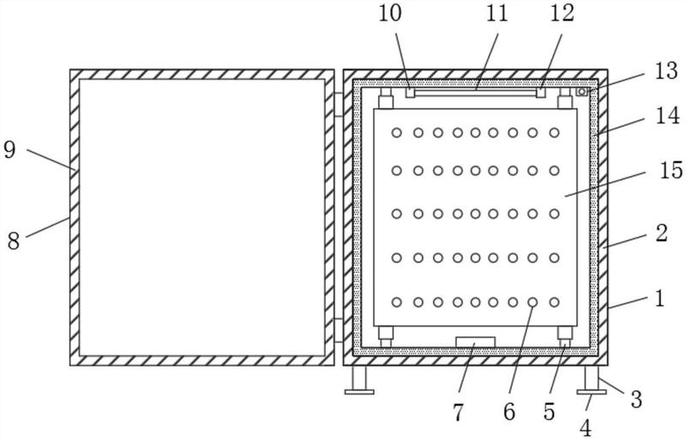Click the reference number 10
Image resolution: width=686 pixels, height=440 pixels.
389,13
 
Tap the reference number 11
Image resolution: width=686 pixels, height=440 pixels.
496,13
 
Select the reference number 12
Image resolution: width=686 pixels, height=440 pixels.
562,13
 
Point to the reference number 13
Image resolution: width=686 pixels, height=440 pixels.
666,71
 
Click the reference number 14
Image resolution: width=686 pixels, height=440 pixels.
668,116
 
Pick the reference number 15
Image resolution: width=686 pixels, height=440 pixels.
671,171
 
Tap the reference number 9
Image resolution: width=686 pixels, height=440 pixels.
9,150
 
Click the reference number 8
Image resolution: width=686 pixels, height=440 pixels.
14,241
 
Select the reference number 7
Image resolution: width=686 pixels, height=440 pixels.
458,413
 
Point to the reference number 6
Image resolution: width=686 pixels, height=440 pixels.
509,412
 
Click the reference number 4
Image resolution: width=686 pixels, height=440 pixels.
586,428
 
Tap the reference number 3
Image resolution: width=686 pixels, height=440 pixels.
636,400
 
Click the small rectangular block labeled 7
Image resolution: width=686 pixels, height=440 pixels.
475,342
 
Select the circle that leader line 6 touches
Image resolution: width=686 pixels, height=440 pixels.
533,302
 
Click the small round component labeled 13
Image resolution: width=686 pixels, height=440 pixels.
581,92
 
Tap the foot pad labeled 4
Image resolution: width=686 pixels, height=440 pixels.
592,392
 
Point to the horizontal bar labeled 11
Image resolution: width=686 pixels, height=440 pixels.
476,92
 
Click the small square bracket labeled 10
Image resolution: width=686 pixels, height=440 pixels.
410,93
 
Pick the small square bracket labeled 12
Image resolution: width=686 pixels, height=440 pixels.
541,93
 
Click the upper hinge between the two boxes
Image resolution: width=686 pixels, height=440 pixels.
339,104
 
